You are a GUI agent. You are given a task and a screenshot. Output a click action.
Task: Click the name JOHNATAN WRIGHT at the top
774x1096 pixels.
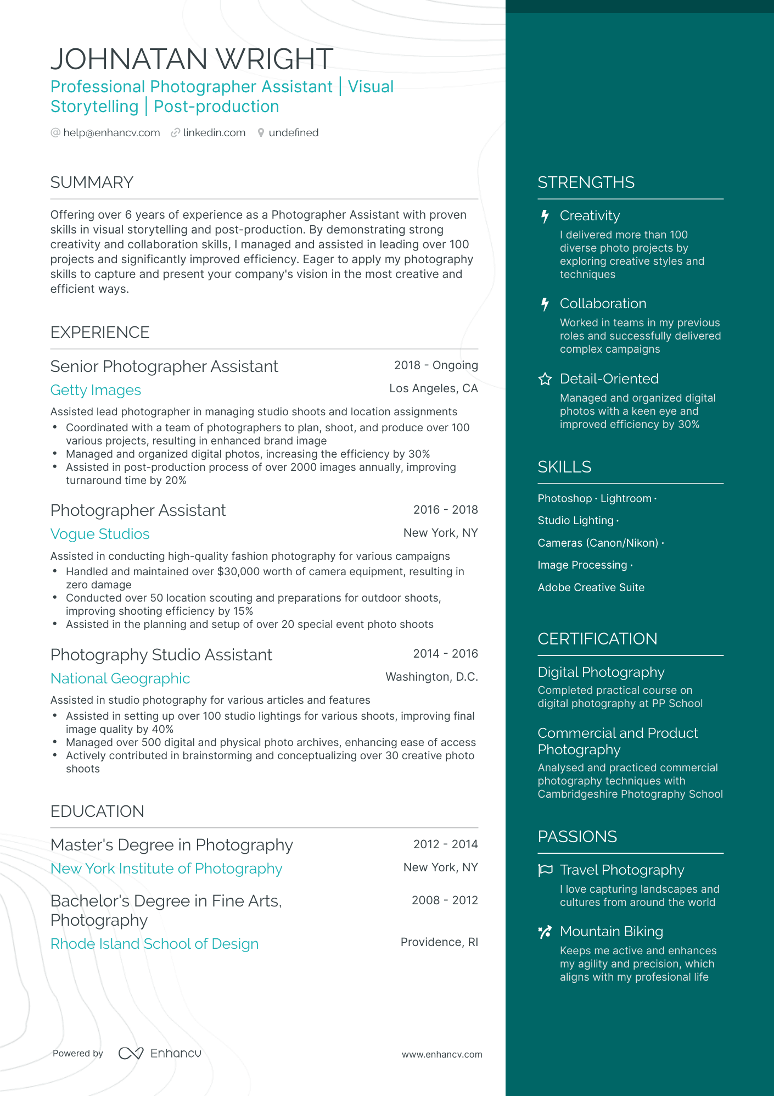point(192,59)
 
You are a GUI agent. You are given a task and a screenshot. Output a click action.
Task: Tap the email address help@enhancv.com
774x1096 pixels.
point(111,133)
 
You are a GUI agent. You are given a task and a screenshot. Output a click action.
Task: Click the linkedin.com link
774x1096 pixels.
point(214,133)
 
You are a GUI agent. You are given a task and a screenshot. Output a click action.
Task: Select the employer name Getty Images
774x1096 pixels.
point(96,390)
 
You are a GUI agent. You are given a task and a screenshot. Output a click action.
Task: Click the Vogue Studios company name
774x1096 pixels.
point(100,534)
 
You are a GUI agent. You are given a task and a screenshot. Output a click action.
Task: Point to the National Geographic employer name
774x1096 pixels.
point(120,678)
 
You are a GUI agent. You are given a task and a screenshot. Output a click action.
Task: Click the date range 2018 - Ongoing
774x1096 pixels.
point(436,365)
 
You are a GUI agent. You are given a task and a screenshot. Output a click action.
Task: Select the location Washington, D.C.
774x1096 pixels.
point(431,677)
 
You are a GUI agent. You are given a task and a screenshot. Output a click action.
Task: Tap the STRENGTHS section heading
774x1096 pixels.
point(586,182)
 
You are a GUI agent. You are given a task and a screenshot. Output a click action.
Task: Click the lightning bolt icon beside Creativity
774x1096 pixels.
point(545,216)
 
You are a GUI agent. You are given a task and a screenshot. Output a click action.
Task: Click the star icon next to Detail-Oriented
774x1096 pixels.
point(545,379)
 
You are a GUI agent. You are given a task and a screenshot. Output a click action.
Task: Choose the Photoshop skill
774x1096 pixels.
point(564,499)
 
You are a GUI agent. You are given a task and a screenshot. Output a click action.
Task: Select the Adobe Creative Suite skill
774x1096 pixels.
point(591,588)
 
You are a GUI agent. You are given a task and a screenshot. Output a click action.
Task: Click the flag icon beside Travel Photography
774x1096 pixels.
point(545,870)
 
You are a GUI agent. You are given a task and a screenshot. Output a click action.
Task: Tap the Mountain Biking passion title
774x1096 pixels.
point(611,932)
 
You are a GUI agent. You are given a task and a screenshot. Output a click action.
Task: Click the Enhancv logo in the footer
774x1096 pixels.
point(160,1053)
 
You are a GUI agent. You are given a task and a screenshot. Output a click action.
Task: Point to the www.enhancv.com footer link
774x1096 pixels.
point(442,1055)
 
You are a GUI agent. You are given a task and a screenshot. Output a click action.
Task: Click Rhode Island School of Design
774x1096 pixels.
point(154,944)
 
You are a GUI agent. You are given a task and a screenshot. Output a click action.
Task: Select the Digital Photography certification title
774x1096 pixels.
point(601,672)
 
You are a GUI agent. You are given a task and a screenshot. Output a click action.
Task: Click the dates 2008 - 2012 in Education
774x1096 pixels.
point(445,900)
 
